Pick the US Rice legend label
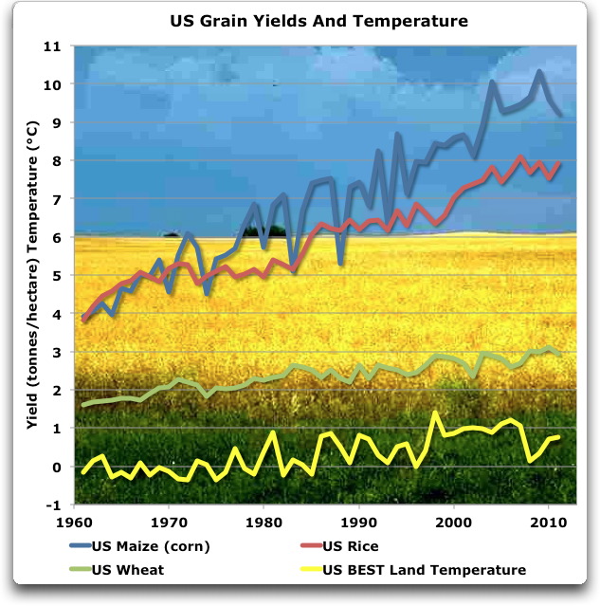(x=356, y=546)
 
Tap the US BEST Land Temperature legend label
(x=424, y=570)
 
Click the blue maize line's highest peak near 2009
(x=539, y=71)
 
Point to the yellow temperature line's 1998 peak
(x=434, y=413)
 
